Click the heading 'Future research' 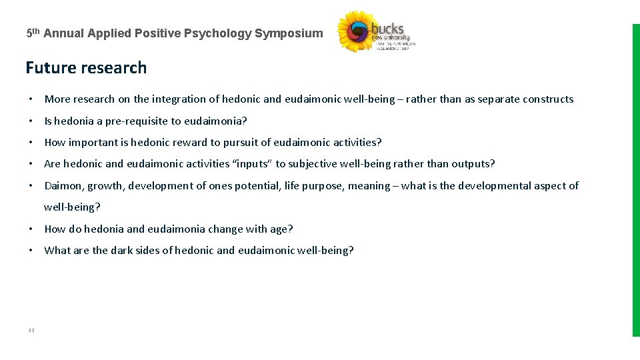tap(86, 68)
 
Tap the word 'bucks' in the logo tap(387, 29)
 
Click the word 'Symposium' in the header tap(289, 33)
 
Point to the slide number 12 tap(31, 330)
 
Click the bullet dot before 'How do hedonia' tap(31, 229)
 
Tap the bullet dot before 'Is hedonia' tap(31, 121)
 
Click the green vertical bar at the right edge tap(635, 180)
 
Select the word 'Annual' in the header tap(65, 33)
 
